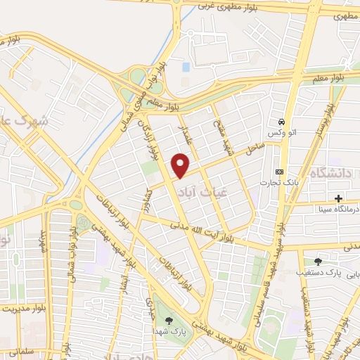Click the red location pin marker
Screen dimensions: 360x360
[181, 166]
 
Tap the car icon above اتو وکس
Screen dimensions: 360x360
[281, 120]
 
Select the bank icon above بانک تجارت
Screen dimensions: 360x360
[280, 172]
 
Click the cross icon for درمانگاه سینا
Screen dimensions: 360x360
[339, 198]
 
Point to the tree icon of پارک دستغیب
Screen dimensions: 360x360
[318, 262]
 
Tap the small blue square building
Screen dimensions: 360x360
[185, 67]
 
